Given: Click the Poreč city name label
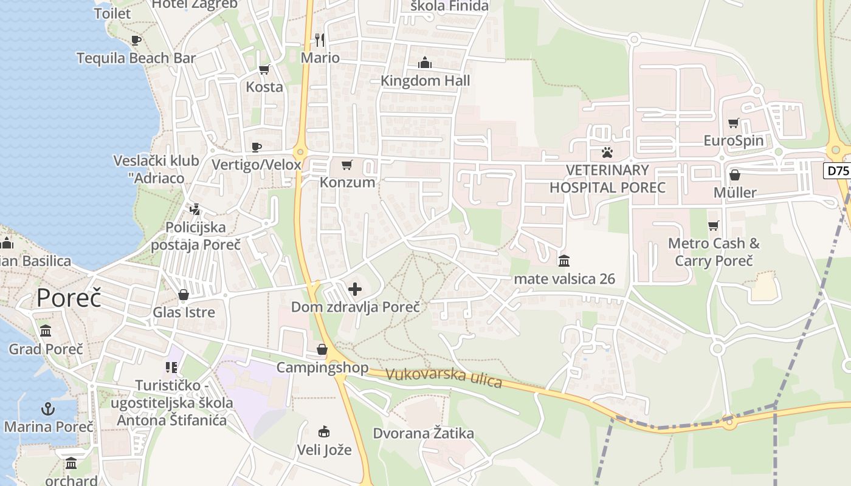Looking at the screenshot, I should click(68, 298).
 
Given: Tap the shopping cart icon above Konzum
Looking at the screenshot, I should click(347, 165).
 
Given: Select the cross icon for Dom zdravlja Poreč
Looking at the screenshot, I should click(355, 289).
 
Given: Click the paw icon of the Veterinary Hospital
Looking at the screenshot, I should click(607, 152).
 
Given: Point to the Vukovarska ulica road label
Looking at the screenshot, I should click(444, 377).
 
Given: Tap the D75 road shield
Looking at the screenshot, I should click(838, 171).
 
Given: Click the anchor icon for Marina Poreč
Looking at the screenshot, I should click(48, 408).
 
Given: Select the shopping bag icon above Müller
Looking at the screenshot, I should click(735, 175).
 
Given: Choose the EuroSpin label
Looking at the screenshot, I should click(733, 141).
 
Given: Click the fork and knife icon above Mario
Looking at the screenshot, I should click(320, 40).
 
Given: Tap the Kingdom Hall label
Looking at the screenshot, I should click(425, 81).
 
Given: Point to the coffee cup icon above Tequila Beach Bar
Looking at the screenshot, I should click(136, 40).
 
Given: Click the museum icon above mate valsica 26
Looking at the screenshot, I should click(563, 261).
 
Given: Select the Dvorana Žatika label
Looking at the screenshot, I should click(423, 434).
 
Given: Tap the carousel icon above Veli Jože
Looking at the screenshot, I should click(324, 432).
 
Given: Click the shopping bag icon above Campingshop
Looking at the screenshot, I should click(322, 349).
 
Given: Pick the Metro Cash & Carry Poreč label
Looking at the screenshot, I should click(714, 252).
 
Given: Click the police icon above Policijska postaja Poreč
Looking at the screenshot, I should click(195, 210).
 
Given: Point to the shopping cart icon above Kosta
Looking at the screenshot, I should click(264, 69).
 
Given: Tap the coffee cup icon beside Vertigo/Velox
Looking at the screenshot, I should click(257, 147).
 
